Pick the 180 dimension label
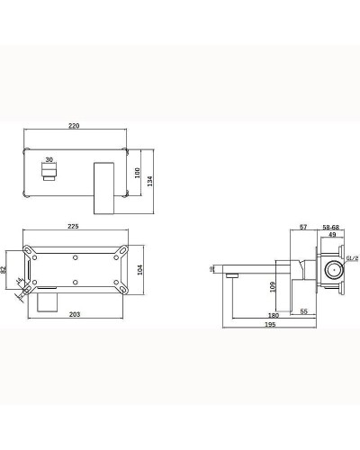272,316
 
